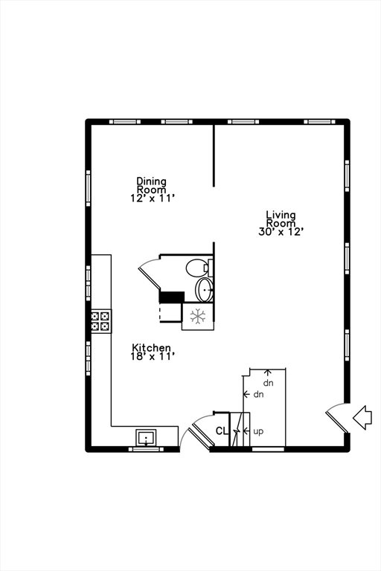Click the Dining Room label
tap(151, 185)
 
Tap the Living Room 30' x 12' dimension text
tap(281, 232)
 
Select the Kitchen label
tap(151, 348)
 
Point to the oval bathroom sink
tap(204, 289)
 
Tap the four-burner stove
tap(100, 321)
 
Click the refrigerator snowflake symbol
tap(198, 316)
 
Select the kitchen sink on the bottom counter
tap(146, 437)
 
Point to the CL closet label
tap(221, 431)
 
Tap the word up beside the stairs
tap(258, 431)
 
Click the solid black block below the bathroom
tap(172, 297)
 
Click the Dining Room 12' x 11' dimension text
tap(153, 199)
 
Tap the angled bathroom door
tap(149, 274)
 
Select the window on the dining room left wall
tap(89, 188)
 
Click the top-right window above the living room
tap(319, 122)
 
